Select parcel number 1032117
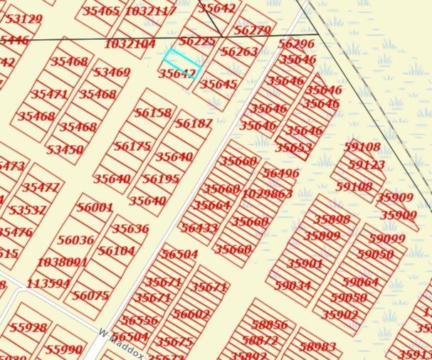click(150, 11)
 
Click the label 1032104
click(130, 43)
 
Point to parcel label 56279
click(252, 31)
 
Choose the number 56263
click(239, 52)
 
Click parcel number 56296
click(296, 43)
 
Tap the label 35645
click(218, 84)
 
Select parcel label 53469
click(112, 73)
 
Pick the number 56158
click(153, 112)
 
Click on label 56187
click(194, 124)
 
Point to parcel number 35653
click(294, 148)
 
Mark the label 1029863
click(267, 194)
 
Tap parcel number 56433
click(199, 228)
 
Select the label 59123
click(367, 165)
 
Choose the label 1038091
click(62, 262)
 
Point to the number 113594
click(48, 283)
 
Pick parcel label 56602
click(191, 314)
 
